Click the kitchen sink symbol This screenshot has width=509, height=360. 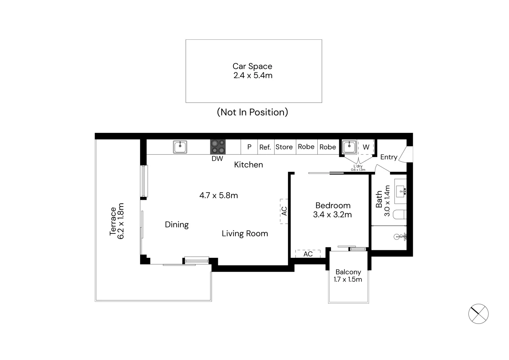click(180, 147)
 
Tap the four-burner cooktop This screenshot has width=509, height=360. click(218, 147)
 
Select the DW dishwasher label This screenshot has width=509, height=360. click(217, 158)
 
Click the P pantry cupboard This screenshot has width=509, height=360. click(249, 147)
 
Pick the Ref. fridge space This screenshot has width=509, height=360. click(265, 147)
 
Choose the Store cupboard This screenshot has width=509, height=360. click(284, 147)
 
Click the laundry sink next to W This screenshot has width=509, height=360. click(349, 147)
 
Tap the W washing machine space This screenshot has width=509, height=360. click(366, 147)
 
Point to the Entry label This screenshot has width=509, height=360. click(389, 157)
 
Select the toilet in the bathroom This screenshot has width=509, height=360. click(399, 215)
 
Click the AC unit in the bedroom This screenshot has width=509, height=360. click(308, 254)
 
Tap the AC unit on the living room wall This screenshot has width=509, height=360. click(284, 211)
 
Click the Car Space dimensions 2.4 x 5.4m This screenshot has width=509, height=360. click(253, 75)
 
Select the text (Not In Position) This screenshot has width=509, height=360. click(252, 112)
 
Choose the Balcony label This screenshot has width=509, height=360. click(348, 272)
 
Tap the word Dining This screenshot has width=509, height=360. click(177, 225)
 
